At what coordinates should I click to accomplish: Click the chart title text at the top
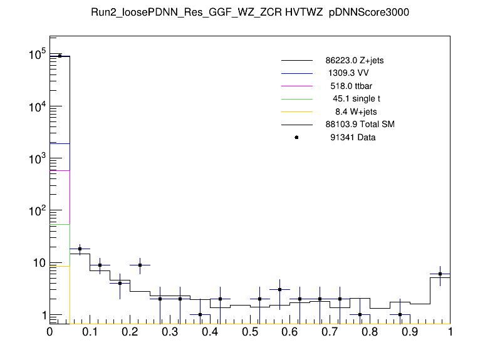click(249, 13)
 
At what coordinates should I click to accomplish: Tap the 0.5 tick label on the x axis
click(250, 332)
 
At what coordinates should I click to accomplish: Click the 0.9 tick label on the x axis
click(410, 332)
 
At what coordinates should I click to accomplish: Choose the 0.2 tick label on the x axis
click(130, 332)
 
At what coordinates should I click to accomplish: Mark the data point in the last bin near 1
click(440, 274)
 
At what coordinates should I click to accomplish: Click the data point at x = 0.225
click(140, 265)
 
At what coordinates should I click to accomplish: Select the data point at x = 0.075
click(80, 249)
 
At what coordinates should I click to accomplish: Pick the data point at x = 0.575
click(280, 290)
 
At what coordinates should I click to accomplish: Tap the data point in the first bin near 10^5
click(60, 56)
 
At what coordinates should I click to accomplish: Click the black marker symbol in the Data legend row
click(296, 137)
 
